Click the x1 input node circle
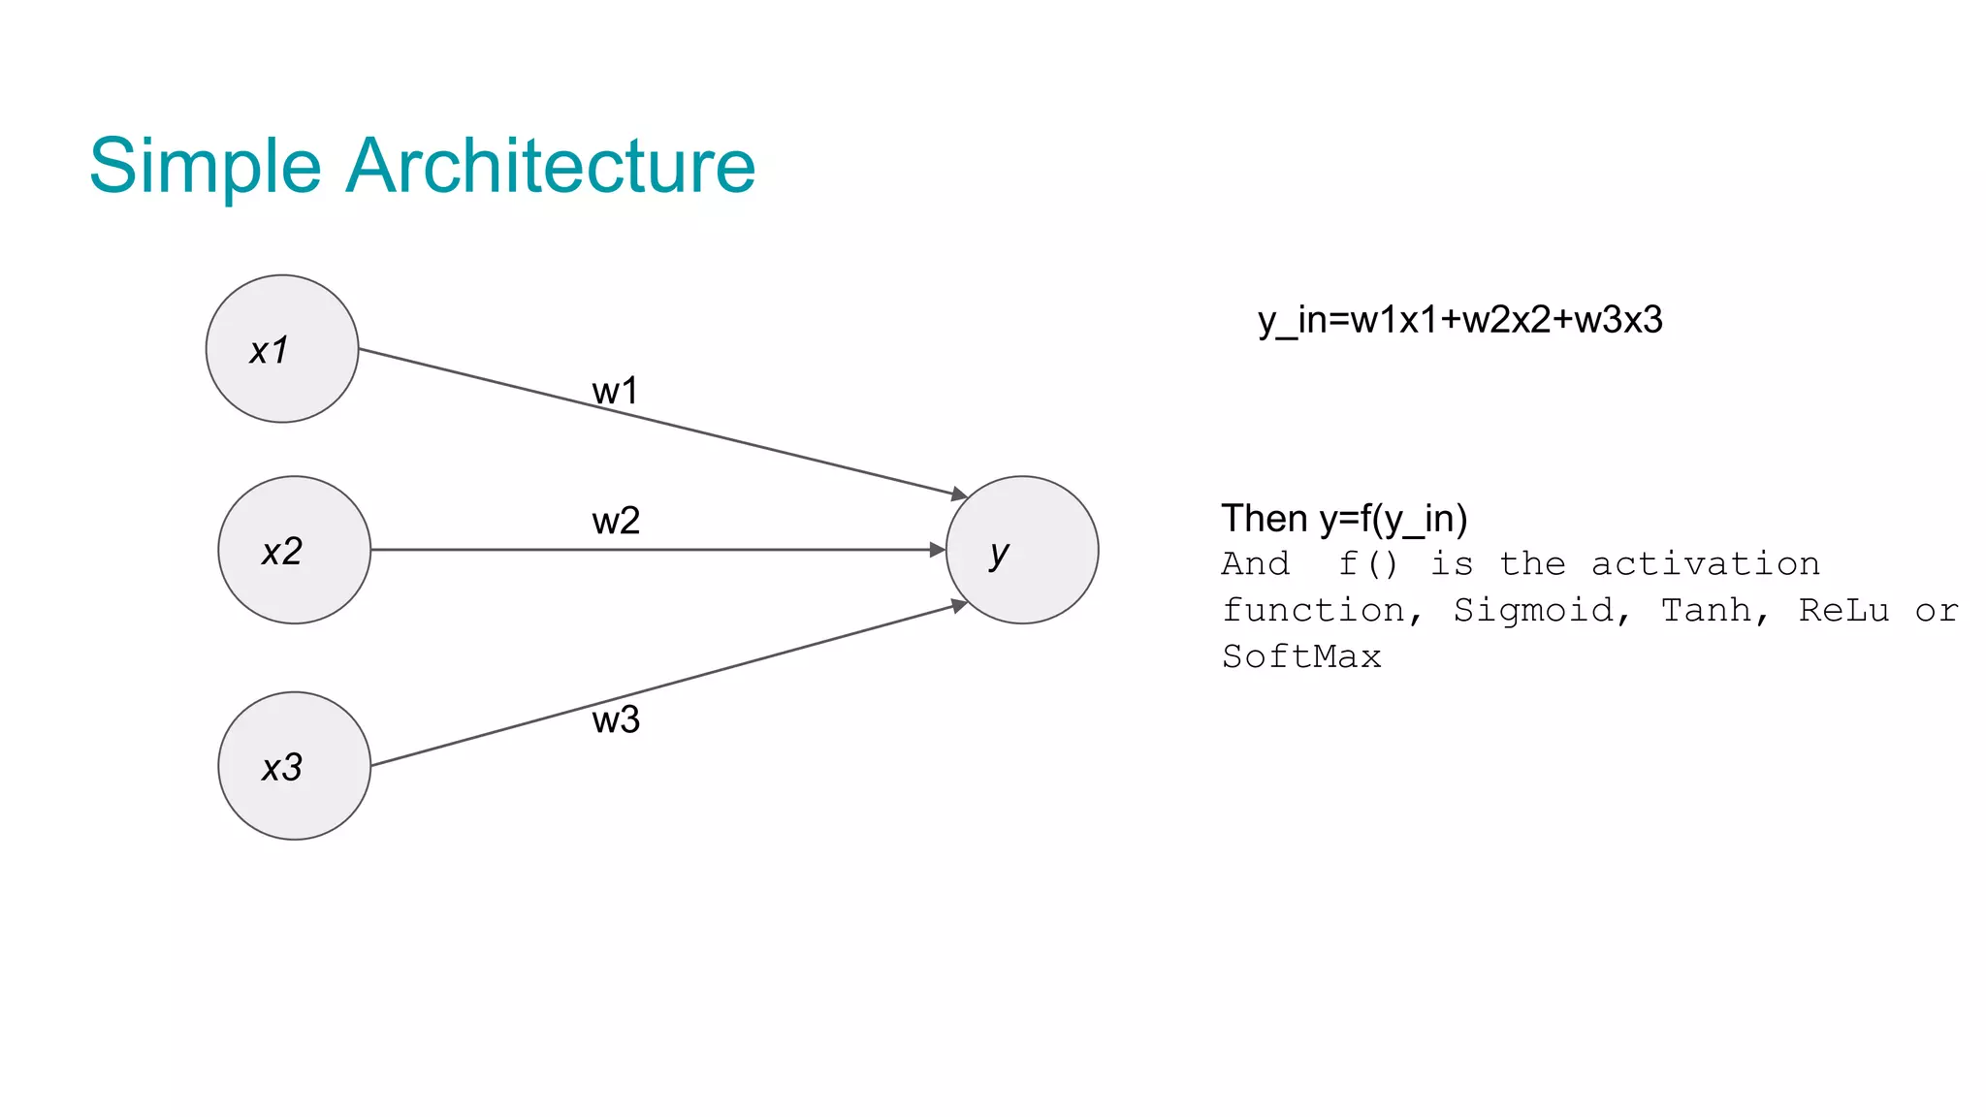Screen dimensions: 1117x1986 [282, 349]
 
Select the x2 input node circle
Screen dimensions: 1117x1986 [294, 550]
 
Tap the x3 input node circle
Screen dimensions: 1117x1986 [294, 766]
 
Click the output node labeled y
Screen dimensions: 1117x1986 [1022, 550]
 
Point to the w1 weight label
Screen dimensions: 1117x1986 [615, 391]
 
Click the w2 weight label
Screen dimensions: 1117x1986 [616, 521]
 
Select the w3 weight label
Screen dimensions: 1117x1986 [616, 719]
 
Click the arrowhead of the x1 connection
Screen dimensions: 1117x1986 [960, 495]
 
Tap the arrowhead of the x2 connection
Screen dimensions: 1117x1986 [937, 550]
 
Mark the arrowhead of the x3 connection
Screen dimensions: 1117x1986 [959, 606]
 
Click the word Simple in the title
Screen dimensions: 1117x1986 [205, 166]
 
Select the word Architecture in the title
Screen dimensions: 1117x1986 [550, 166]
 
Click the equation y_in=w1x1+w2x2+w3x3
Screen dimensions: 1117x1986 [1460, 320]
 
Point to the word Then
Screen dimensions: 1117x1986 [1265, 519]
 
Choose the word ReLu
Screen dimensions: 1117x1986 [1843, 611]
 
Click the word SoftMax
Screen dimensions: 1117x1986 [1301, 657]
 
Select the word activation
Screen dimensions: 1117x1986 [1705, 564]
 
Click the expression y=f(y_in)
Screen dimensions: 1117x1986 [1393, 520]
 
